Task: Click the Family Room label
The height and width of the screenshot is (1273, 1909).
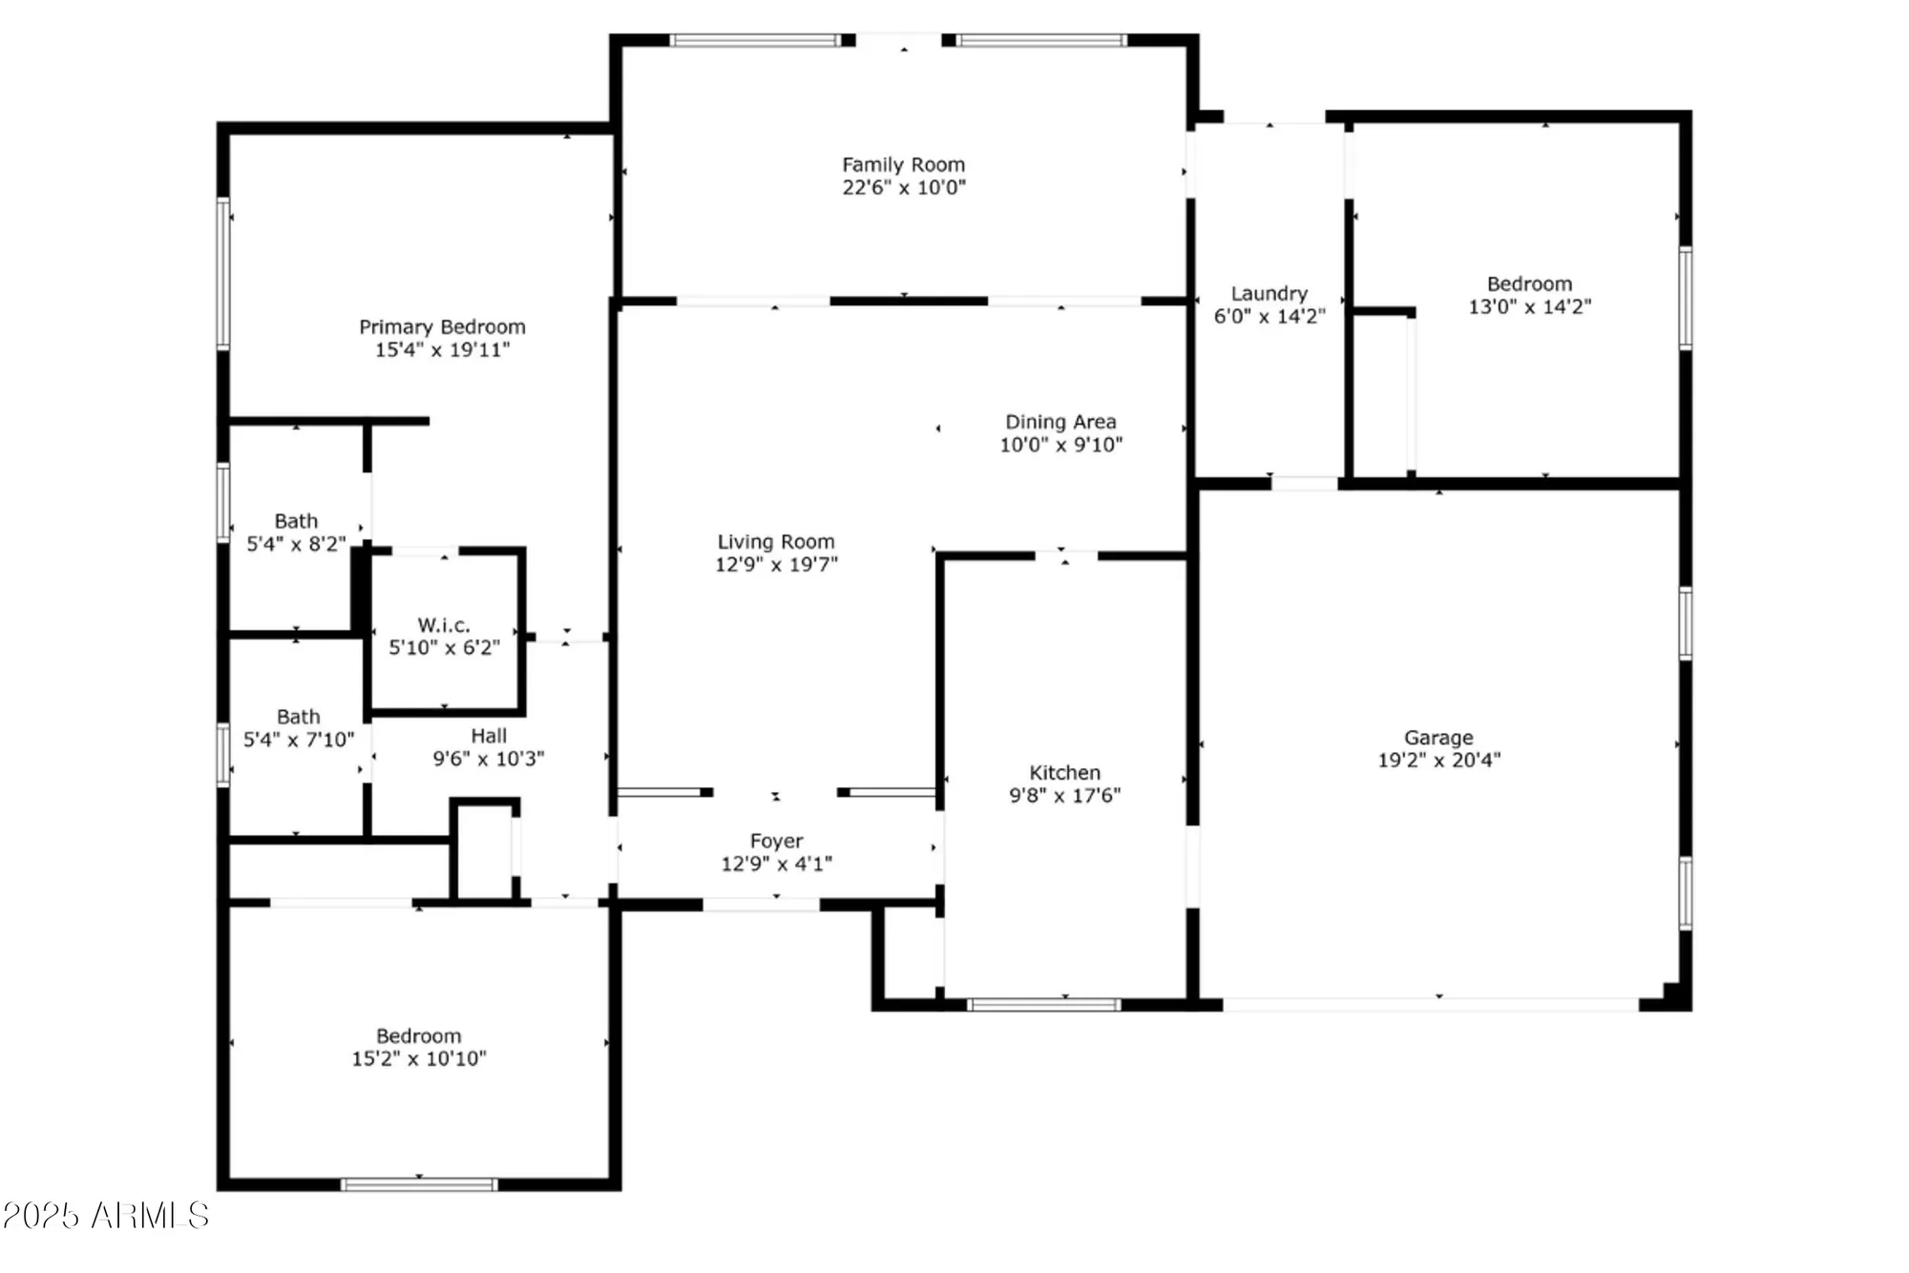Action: [x=903, y=165]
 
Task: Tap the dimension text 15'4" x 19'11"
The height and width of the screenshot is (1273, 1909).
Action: [x=442, y=350]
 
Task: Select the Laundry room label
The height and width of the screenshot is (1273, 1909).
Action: [x=1269, y=294]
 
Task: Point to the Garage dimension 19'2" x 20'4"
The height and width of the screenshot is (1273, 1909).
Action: [x=1438, y=761]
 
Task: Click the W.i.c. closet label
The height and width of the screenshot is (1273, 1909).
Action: [x=444, y=626]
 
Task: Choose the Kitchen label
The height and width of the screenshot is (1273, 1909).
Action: [x=1064, y=773]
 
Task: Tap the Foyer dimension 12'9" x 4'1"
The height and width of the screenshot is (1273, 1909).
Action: [x=776, y=865]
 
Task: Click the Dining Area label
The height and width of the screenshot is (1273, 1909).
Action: [x=1060, y=422]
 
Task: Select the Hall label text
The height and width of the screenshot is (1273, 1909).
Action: [x=489, y=737]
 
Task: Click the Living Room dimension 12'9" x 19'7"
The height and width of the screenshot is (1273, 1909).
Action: [x=776, y=565]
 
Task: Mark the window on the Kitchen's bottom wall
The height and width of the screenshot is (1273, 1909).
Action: [x=1043, y=1004]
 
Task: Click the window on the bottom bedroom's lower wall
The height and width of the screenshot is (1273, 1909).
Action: [x=419, y=1184]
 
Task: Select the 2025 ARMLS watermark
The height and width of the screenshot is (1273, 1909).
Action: [x=105, y=1216]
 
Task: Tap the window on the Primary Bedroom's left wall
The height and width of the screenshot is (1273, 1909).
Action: [x=223, y=273]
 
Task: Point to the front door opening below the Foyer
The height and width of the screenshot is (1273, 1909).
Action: [x=761, y=904]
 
